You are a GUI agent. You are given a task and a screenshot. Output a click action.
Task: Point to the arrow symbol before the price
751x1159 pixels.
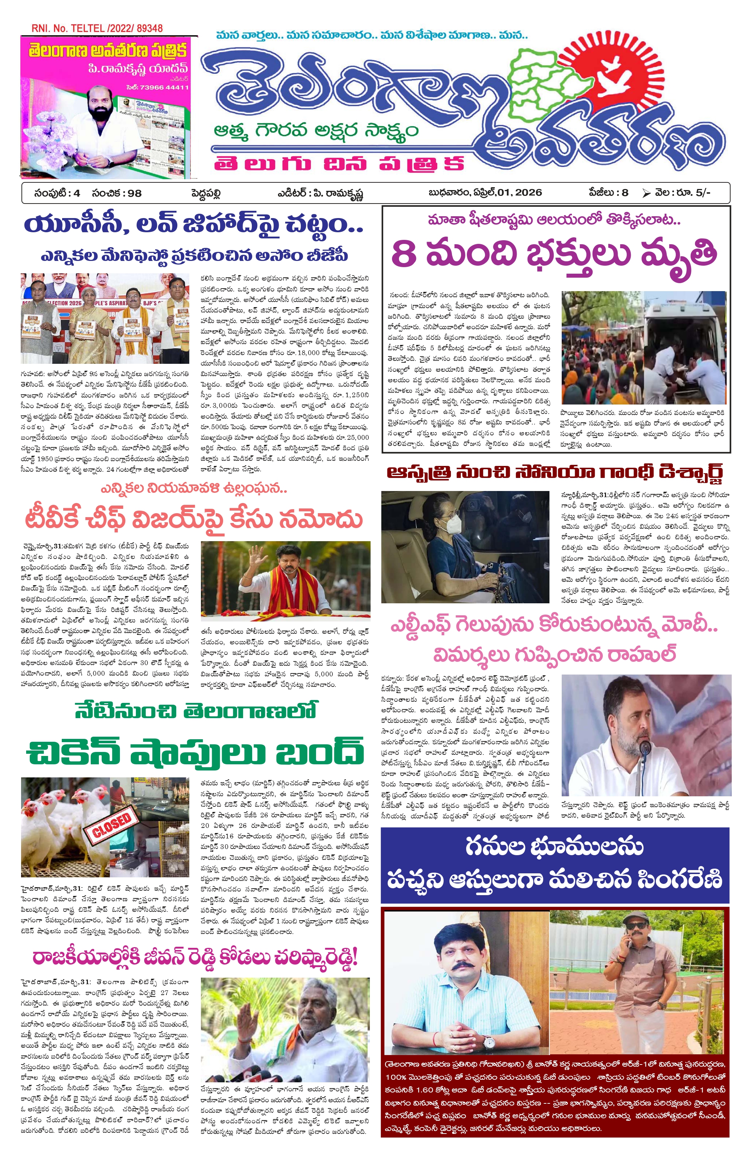pyautogui.click(x=646, y=193)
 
